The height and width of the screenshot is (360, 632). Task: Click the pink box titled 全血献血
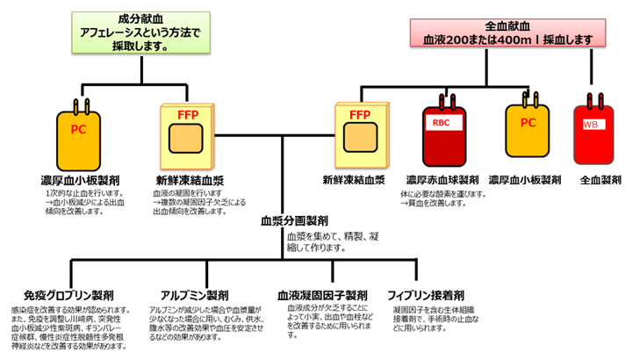click(x=501, y=32)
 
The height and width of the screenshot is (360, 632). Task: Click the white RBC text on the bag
click(x=441, y=124)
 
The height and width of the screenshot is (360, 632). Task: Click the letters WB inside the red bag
click(x=591, y=124)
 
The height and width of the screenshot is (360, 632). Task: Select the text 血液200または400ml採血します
click(x=501, y=40)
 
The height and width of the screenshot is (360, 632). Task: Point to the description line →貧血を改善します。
click(x=442, y=203)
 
